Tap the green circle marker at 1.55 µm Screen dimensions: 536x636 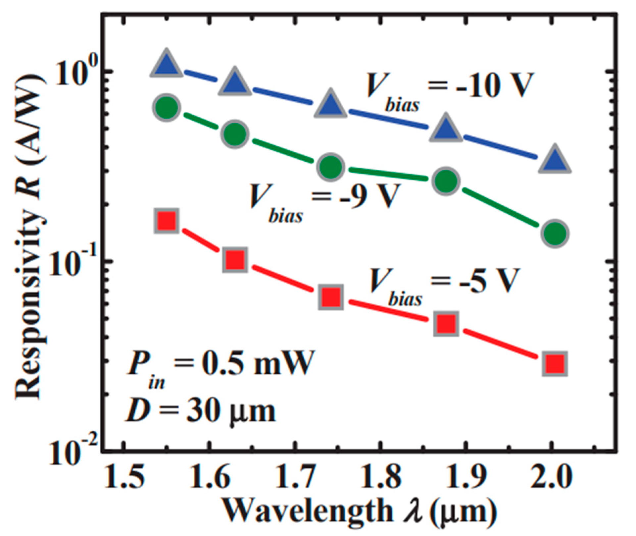click(167, 108)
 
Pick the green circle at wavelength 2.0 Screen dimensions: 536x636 click(555, 233)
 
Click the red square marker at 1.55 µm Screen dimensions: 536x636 click(167, 221)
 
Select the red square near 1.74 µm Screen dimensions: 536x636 click(331, 297)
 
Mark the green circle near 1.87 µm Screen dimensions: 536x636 click(446, 181)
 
